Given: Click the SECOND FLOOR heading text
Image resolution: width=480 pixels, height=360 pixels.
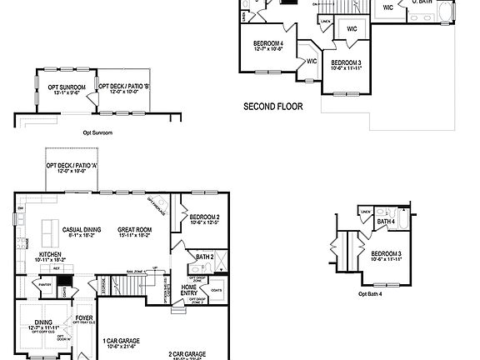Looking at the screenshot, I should (x=272, y=107).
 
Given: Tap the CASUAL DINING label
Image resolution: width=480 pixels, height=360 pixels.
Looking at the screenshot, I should (x=82, y=228).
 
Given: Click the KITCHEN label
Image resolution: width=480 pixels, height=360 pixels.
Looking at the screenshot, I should (x=49, y=253).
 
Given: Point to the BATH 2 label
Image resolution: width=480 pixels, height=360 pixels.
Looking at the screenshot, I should (x=205, y=257).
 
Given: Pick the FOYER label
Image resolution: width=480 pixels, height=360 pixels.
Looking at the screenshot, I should (x=85, y=317).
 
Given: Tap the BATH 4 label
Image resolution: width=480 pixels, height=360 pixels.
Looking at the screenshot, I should (x=386, y=222).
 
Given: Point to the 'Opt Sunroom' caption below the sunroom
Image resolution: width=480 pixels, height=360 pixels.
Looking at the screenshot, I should (x=97, y=132).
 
